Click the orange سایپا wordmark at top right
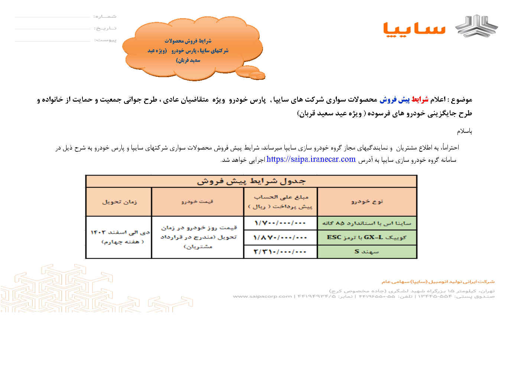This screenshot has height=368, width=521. (414, 28)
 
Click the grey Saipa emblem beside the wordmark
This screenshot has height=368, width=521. (477, 26)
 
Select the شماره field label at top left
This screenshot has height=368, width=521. (105, 17)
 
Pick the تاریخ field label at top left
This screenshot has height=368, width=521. (105, 28)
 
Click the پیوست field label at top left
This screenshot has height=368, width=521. (105, 40)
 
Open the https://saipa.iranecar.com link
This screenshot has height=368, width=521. (311, 159)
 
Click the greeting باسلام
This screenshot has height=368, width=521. (464, 131)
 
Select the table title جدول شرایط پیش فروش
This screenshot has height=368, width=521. (251, 181)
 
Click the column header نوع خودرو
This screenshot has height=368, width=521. (367, 201)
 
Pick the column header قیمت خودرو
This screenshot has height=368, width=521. (197, 201)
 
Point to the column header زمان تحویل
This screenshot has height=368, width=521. (119, 201)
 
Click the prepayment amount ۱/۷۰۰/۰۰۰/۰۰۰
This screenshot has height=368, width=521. (280, 223)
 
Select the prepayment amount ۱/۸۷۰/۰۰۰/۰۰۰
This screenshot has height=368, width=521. (280, 237)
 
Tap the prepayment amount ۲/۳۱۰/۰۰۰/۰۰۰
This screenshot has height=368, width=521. (280, 252)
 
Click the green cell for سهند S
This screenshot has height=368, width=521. (367, 252)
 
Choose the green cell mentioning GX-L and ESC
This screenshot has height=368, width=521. (367, 237)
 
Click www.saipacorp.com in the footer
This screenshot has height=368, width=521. (262, 296)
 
